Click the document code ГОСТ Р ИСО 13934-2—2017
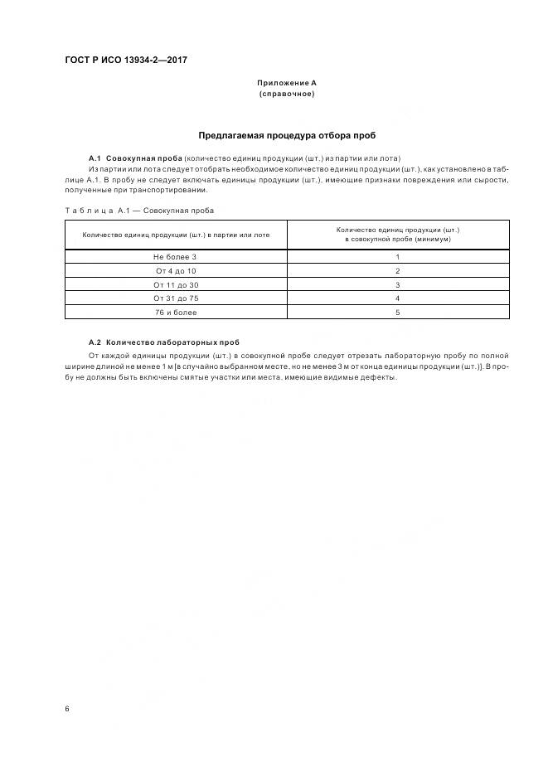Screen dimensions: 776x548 pyautogui.click(x=126, y=61)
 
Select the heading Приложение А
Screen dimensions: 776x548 pyautogui.click(x=286, y=84)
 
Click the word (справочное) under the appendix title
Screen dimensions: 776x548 pyautogui.click(x=286, y=94)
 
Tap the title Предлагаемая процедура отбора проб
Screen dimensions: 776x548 pyautogui.click(x=286, y=135)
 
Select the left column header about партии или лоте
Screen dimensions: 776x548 pyautogui.click(x=175, y=235)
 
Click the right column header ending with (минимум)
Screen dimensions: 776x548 pyautogui.click(x=398, y=234)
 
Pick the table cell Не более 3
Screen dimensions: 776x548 pyautogui.click(x=175, y=257)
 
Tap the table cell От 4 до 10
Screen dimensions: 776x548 pyautogui.click(x=175, y=271)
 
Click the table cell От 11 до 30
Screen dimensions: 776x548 pyautogui.click(x=175, y=284)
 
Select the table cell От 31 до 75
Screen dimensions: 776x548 pyautogui.click(x=175, y=298)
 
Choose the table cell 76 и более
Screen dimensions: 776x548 pyautogui.click(x=175, y=312)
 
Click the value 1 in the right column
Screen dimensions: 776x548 pyautogui.click(x=398, y=257)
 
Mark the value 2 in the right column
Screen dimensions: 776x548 pyautogui.click(x=398, y=271)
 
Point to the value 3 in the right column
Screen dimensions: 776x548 pyautogui.click(x=398, y=284)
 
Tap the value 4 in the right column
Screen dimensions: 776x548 pyautogui.click(x=398, y=298)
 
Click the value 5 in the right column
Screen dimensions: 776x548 pyautogui.click(x=398, y=312)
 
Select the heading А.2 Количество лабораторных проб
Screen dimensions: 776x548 pyautogui.click(x=164, y=342)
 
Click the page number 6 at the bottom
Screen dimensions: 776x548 pyautogui.click(x=66, y=709)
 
